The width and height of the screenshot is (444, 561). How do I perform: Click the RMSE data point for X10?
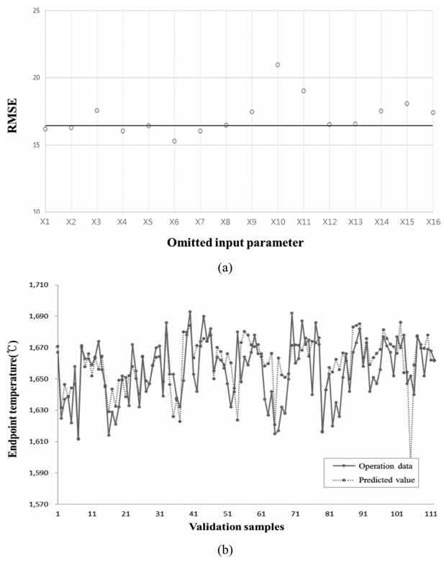278,65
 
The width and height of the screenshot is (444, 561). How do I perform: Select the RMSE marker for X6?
174,141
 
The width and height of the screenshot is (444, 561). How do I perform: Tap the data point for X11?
304,91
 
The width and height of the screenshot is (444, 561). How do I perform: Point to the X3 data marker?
96,111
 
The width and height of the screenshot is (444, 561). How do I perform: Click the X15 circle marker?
407,104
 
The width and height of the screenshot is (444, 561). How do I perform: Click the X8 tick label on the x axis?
225,224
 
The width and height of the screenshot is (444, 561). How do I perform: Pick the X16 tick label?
432,224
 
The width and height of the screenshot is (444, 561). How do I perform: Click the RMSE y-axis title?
13,111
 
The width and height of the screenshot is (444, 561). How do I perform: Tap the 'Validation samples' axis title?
237,526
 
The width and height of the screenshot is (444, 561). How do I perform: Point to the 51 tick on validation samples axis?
227,514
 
